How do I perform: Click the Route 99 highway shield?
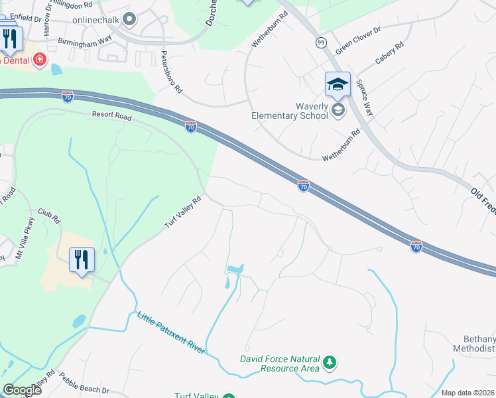tap(321, 42)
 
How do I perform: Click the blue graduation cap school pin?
tap(338, 84)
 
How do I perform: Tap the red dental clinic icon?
tap(40, 60)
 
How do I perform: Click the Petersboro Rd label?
tap(171, 73)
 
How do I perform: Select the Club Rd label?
tap(49, 216)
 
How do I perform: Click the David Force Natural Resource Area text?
tap(279, 364)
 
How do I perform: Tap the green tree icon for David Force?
tap(330, 364)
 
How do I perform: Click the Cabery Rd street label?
tap(389, 54)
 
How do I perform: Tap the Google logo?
tap(22, 390)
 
